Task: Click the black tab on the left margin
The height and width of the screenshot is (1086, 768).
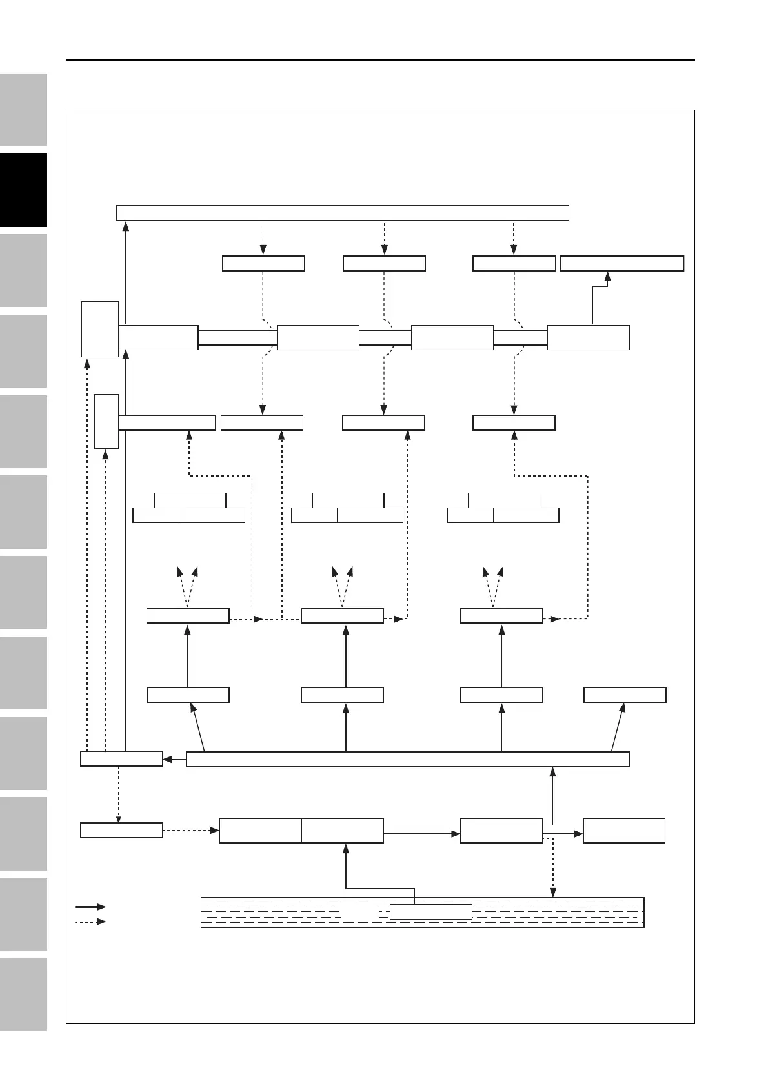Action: [x=23, y=190]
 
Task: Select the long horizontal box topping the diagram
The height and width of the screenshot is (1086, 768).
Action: [x=342, y=213]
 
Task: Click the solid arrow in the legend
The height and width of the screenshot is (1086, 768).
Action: [x=90, y=907]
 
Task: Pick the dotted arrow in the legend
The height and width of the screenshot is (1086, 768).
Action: [x=90, y=922]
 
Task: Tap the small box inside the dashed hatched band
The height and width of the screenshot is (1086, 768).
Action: [x=431, y=911]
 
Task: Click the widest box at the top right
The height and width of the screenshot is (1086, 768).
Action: [x=621, y=263]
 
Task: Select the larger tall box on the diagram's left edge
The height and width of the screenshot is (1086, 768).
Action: [x=100, y=328]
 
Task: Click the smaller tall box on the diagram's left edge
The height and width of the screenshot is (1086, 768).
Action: [x=106, y=422]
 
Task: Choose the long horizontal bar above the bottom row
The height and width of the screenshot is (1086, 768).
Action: [x=407, y=759]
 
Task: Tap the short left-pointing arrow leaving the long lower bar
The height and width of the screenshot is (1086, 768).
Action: [x=174, y=759]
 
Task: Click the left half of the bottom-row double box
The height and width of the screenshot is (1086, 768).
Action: [x=260, y=831]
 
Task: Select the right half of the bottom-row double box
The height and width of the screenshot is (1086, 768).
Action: [x=342, y=831]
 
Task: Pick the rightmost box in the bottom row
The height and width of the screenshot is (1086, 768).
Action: [x=624, y=831]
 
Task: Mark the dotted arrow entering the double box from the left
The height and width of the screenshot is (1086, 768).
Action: [x=191, y=831]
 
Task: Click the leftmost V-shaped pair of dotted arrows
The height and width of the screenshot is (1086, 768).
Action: [x=187, y=586]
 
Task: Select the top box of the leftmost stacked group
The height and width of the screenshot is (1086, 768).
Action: [x=190, y=500]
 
